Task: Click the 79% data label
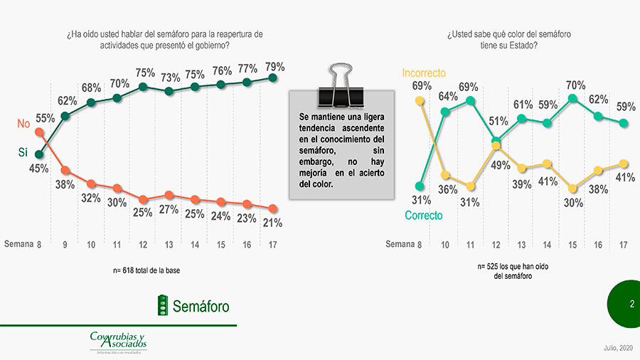274,67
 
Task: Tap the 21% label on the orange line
272,223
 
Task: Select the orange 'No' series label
23,124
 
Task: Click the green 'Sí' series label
22,152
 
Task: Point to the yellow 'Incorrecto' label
424,73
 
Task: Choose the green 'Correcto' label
423,215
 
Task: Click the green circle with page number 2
624,305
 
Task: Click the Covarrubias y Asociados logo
118,341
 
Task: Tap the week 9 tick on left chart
65,245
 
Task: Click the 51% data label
497,120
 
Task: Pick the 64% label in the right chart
447,96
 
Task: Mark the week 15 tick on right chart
572,245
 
